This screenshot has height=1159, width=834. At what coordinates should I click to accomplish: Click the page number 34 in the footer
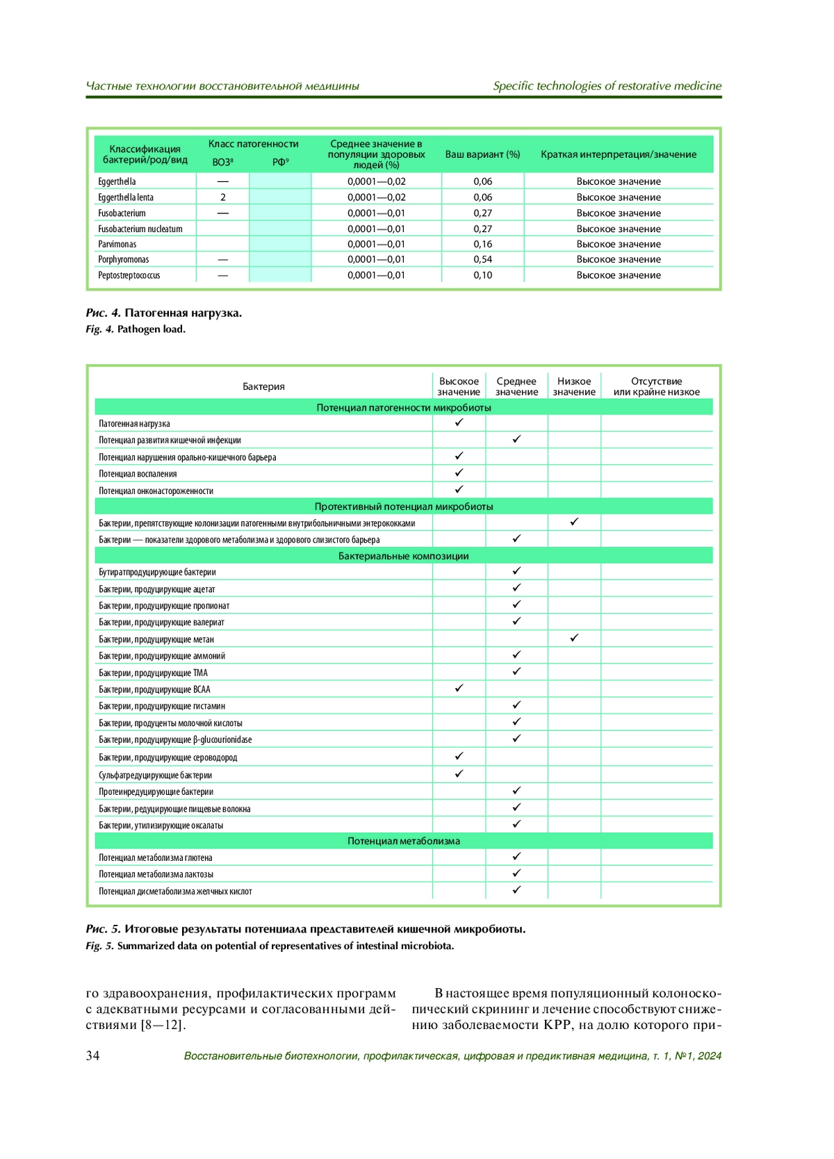[x=92, y=1055]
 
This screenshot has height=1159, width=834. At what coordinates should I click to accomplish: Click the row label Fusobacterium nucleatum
[x=140, y=229]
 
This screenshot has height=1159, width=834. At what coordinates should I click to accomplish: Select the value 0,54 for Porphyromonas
[x=482, y=259]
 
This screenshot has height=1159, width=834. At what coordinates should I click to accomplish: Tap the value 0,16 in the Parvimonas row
[x=482, y=244]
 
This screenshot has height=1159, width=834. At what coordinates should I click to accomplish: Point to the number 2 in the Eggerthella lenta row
[x=223, y=197]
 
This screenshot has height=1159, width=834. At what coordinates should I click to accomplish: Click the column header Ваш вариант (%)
[x=482, y=154]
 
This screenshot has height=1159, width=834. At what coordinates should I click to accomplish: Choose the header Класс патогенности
[x=253, y=144]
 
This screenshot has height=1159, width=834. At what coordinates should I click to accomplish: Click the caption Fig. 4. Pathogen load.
[x=136, y=329]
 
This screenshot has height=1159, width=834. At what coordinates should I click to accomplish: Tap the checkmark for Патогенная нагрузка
[x=459, y=422]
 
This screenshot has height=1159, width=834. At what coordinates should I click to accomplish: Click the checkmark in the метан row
[x=574, y=638]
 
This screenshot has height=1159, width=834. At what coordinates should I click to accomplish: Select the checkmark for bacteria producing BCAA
[x=459, y=688]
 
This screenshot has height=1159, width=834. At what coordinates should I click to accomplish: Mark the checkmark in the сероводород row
[x=459, y=756]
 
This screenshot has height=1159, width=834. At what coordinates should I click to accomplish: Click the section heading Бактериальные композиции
[x=403, y=556]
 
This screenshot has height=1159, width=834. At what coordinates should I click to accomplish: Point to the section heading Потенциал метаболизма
[x=403, y=841]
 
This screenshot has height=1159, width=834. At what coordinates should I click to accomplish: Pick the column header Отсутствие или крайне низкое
[x=656, y=386]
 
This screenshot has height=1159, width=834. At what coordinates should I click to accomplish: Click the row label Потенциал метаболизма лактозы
[x=156, y=874]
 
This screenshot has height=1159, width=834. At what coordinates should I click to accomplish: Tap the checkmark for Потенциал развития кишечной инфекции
[x=516, y=439]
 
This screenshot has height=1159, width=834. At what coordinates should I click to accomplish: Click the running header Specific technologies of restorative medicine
[x=607, y=86]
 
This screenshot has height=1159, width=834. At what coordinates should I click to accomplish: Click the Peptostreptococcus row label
[x=129, y=275]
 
